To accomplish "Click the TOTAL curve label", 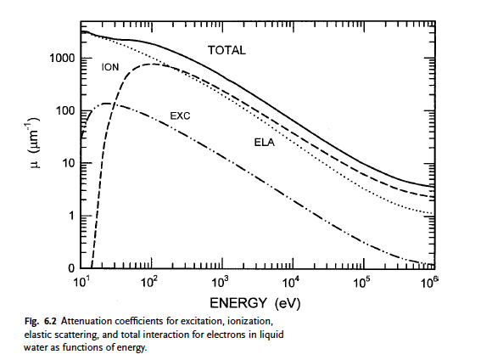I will tap(226, 50).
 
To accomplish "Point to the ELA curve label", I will tap(264, 143).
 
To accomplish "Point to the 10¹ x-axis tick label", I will tap(82, 281).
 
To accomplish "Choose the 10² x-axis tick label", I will tap(151, 281).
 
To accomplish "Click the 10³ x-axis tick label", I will tap(221, 281).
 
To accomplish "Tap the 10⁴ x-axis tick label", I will tap(290, 281).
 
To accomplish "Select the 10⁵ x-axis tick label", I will tap(360, 281).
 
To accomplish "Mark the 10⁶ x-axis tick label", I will tap(428, 281).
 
